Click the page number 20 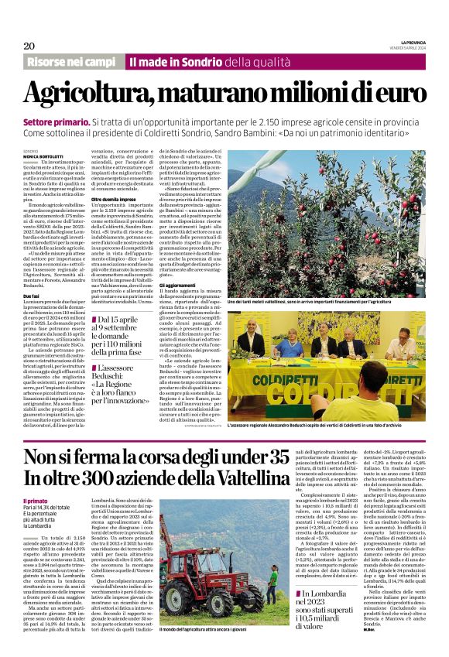pos(29,46)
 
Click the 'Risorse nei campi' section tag pos(71,61)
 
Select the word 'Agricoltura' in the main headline pos(88,94)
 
